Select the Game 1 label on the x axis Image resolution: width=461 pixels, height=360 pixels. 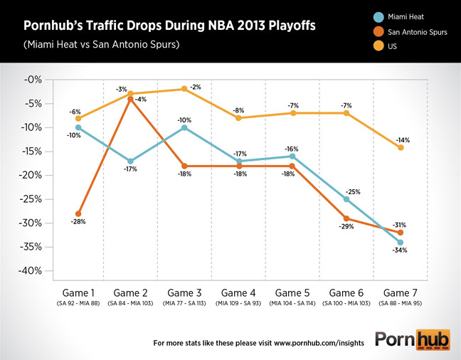click(x=78, y=293)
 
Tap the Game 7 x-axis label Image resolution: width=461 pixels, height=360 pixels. click(x=400, y=293)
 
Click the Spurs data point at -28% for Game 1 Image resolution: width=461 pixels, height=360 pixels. click(x=78, y=213)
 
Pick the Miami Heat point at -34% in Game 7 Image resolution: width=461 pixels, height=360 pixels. click(x=401, y=243)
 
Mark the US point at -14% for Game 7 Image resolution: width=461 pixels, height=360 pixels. click(x=401, y=147)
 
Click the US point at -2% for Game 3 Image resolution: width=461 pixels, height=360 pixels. click(x=184, y=89)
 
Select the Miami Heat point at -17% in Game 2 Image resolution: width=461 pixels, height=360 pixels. click(x=131, y=161)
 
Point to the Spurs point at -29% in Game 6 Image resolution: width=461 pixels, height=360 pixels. click(x=346, y=218)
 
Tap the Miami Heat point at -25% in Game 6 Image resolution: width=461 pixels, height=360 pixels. click(x=346, y=199)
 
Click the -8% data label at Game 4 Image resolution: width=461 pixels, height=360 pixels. click(x=238, y=110)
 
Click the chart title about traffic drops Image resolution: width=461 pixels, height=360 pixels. click(x=170, y=27)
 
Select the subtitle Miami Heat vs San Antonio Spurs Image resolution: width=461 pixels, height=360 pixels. click(x=101, y=45)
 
